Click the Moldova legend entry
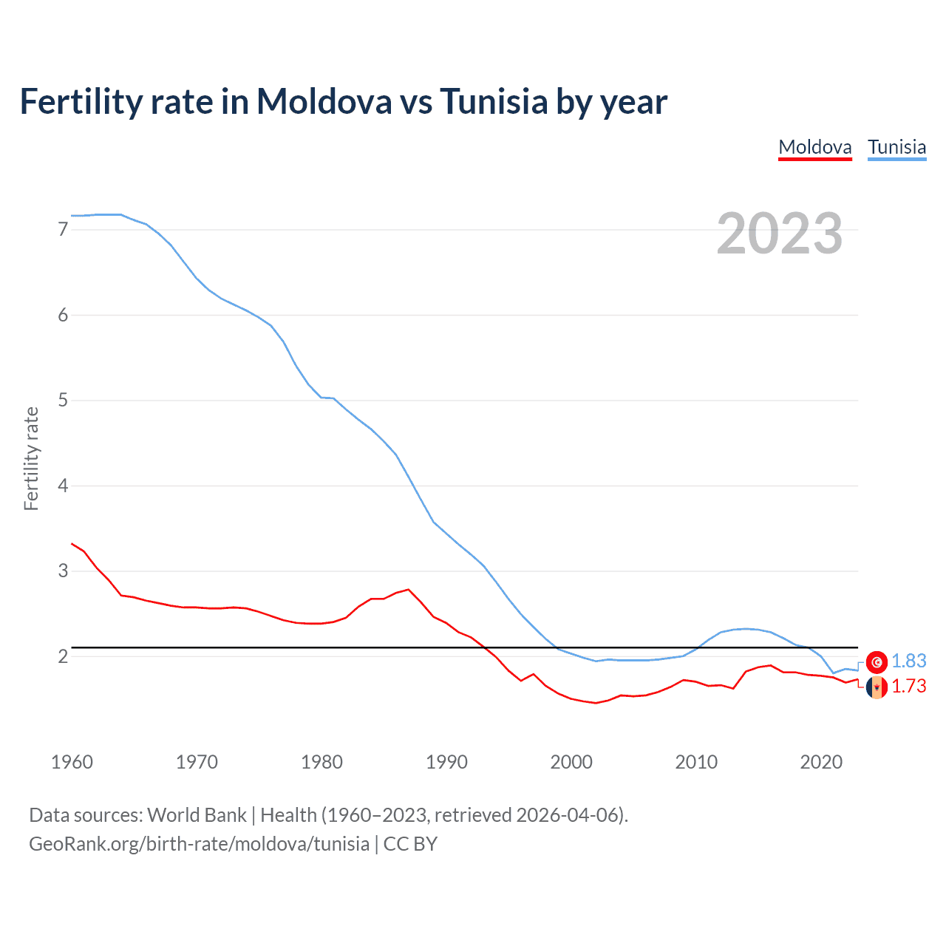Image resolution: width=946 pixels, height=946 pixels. pyautogui.click(x=815, y=147)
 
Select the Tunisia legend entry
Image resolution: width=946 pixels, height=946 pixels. pyautogui.click(x=896, y=147)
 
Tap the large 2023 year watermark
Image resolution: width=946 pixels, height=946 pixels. pyautogui.click(x=779, y=234)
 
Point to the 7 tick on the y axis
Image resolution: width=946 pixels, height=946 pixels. pyautogui.click(x=63, y=230)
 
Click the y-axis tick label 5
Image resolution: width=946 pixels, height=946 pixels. pyautogui.click(x=63, y=401)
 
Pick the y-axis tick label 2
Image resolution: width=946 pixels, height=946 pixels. pyautogui.click(x=63, y=656)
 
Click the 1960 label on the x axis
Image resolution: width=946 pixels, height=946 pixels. pyautogui.click(x=72, y=762)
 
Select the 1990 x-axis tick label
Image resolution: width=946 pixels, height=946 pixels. pyautogui.click(x=446, y=762)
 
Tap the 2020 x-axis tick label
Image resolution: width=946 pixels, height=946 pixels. pyautogui.click(x=821, y=762)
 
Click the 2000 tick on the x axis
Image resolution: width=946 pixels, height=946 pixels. pyautogui.click(x=571, y=762)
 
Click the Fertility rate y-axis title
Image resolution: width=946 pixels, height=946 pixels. pyautogui.click(x=31, y=458)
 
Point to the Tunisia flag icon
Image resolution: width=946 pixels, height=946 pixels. pyautogui.click(x=877, y=662)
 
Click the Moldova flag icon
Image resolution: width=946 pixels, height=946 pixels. pyautogui.click(x=877, y=687)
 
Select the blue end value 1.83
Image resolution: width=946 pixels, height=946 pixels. pyautogui.click(x=908, y=661)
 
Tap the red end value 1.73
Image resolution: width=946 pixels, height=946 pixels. pyautogui.click(x=908, y=687)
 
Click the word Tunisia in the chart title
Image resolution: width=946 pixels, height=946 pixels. pyautogui.click(x=494, y=101)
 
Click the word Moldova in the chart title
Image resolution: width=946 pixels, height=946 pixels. pyautogui.click(x=324, y=101)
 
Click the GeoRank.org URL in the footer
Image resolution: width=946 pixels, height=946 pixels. pyautogui.click(x=199, y=844)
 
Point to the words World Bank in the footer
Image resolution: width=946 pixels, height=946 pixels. pyautogui.click(x=197, y=815)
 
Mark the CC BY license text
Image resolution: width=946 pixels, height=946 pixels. pyautogui.click(x=410, y=844)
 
